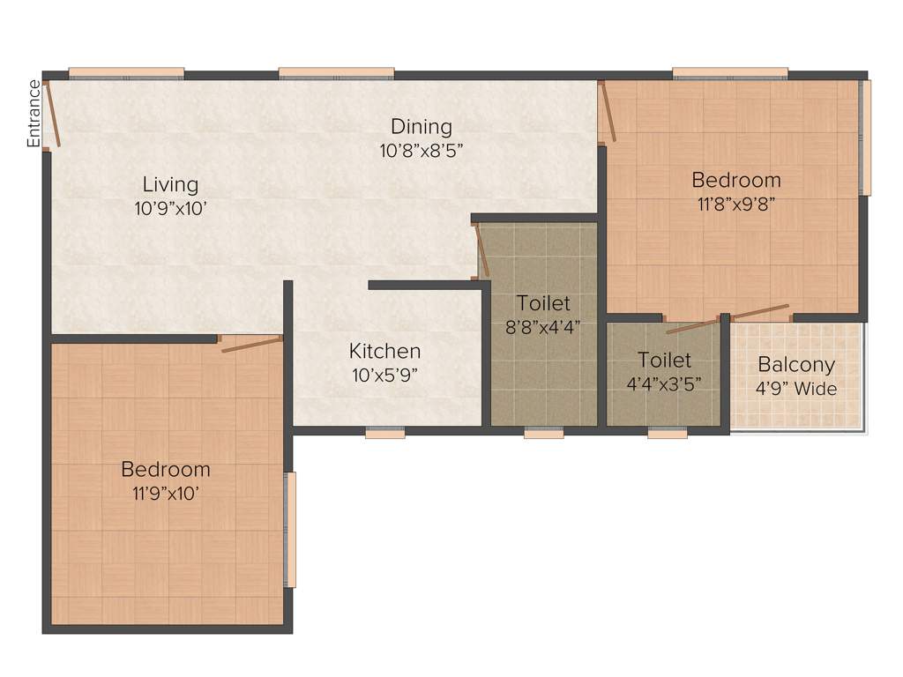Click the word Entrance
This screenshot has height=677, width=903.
tap(34, 114)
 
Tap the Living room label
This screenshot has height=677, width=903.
tap(171, 185)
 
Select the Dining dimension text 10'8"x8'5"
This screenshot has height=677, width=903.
tap(422, 150)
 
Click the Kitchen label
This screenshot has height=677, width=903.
tap(384, 351)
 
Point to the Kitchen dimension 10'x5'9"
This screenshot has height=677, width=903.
tap(384, 374)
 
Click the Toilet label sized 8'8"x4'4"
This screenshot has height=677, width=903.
tap(543, 303)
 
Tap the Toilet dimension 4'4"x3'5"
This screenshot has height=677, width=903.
tap(664, 383)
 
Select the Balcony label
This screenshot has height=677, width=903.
tap(796, 365)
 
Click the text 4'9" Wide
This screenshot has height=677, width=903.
tap(796, 389)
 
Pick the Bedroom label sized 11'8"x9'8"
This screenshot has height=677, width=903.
tap(736, 181)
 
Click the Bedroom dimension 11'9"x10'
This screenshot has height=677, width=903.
tap(166, 494)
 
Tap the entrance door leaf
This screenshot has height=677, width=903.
tap(53, 115)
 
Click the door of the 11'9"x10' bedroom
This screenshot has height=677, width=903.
tap(251, 344)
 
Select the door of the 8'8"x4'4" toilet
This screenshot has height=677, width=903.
tap(482, 250)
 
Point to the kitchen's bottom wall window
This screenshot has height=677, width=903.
tap(385, 433)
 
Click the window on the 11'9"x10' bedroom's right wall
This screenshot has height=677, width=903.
tap(290, 529)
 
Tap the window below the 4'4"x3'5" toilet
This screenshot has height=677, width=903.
tap(668, 433)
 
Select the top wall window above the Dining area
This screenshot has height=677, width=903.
tap(336, 73)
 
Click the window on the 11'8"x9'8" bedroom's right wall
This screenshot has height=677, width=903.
tap(866, 137)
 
